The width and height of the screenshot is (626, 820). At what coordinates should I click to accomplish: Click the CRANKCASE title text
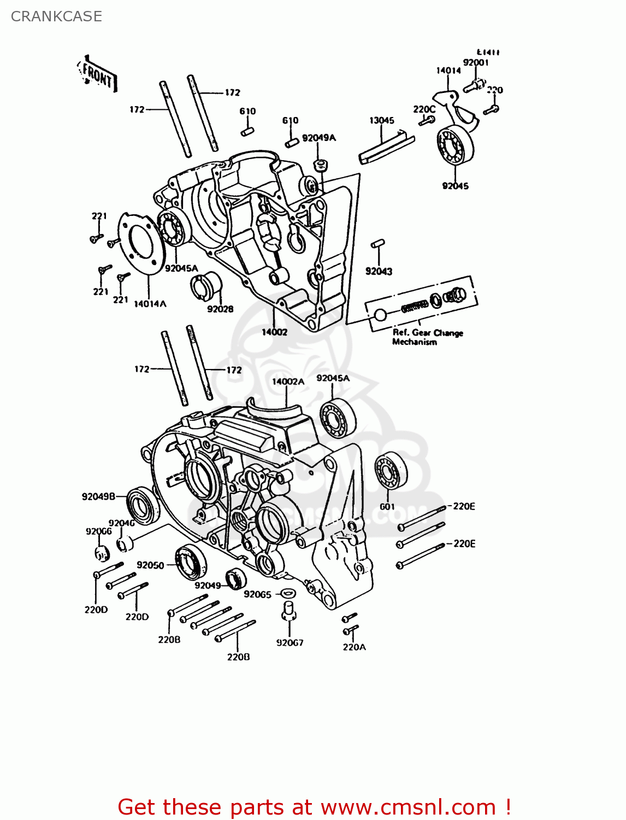[x=56, y=16]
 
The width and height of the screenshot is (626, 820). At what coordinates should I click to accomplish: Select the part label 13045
[x=381, y=120]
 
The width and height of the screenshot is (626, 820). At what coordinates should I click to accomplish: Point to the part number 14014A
[x=150, y=304]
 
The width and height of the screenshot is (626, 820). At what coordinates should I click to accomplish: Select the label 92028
[x=220, y=309]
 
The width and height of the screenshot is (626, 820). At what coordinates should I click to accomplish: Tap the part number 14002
[x=274, y=332]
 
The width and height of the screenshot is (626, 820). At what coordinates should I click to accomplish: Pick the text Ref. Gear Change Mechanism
[x=427, y=337]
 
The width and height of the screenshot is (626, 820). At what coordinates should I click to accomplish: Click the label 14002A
[x=288, y=382]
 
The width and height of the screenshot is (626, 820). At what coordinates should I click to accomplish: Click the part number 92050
[x=150, y=565]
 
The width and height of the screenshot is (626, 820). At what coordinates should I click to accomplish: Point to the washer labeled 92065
[x=287, y=593]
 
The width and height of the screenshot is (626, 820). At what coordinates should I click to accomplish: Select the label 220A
[x=354, y=647]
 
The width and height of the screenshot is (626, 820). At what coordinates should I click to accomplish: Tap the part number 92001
[x=475, y=62]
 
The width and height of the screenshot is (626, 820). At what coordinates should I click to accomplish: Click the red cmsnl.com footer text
[x=314, y=807]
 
